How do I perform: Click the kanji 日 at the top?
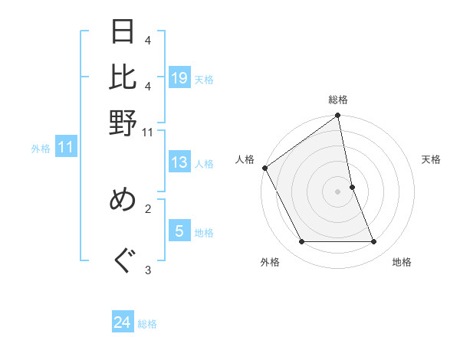click(x=123, y=34)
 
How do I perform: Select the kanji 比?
click(x=123, y=77)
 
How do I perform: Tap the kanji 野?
click(x=123, y=122)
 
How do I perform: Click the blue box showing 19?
click(x=179, y=78)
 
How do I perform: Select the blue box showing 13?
click(x=179, y=163)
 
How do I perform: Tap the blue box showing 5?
click(x=179, y=231)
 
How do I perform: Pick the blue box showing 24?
click(x=123, y=323)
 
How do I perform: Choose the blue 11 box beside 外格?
click(x=66, y=148)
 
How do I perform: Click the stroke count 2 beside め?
click(x=148, y=207)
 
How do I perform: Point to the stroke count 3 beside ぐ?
click(x=148, y=270)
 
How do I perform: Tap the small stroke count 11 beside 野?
click(x=148, y=133)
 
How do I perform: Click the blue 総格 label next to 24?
click(x=147, y=324)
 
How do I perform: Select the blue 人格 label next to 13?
click(x=204, y=164)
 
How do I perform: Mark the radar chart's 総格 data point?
click(x=337, y=116)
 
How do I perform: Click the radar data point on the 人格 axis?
click(x=265, y=168)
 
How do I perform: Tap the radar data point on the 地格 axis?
click(x=374, y=242)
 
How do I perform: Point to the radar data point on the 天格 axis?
click(x=352, y=187)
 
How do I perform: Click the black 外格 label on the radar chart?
click(x=270, y=262)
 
